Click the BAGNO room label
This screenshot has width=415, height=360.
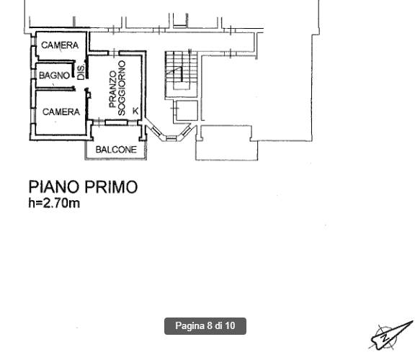tap(54, 76)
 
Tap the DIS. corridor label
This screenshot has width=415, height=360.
tap(81, 72)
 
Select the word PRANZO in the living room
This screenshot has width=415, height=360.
tap(113, 89)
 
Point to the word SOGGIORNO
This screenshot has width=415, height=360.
tap(122, 88)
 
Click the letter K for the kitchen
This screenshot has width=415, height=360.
tap(135, 111)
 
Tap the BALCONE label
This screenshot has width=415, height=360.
tap(116, 150)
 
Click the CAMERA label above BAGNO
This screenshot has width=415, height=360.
tap(60, 45)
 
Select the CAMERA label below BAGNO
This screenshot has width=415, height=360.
tap(61, 112)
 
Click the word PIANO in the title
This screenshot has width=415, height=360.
tap(54, 187)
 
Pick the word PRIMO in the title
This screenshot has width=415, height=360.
tap(111, 187)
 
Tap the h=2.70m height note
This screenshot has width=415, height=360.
tap(54, 203)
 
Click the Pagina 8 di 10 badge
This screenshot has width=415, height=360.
tap(205, 326)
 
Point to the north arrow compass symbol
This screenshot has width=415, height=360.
tap(391, 335)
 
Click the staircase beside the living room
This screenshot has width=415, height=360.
tap(182, 74)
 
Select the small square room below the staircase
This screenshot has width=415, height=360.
tap(187, 111)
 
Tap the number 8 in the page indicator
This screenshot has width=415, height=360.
tap(210, 325)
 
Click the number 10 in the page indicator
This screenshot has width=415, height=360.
tap(231, 325)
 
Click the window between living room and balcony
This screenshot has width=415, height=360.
tap(116, 122)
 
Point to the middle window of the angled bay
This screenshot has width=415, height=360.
tap(171, 138)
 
